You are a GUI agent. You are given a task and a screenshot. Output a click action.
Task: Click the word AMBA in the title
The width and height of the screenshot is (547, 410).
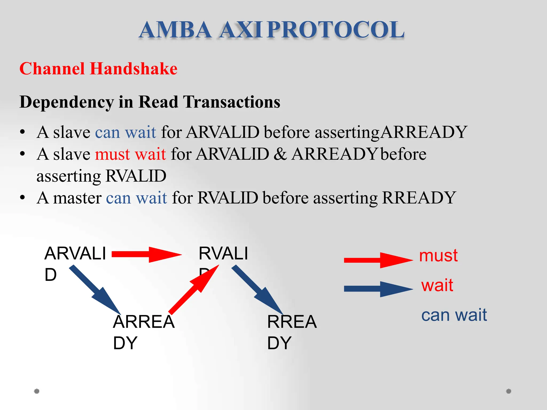175,30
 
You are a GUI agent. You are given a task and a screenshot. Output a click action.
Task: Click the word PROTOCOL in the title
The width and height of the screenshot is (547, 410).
336,30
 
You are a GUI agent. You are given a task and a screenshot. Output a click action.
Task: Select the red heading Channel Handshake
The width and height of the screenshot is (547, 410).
98,69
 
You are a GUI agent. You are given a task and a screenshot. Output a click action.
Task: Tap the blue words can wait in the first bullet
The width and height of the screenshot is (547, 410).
126,132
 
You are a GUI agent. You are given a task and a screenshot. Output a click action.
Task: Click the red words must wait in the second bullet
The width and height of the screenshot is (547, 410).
130,154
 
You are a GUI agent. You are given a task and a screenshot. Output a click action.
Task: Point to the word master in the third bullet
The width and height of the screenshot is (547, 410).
77,198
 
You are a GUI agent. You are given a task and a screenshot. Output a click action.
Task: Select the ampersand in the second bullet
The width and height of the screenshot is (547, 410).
280,154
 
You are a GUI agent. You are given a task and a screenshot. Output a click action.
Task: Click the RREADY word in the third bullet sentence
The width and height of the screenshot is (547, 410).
419,198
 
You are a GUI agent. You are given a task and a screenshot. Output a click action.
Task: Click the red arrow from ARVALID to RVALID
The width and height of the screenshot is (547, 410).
146,254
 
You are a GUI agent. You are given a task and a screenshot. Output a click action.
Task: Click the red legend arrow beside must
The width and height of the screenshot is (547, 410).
378,260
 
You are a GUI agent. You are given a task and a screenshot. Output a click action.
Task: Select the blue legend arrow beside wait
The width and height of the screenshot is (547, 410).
378,289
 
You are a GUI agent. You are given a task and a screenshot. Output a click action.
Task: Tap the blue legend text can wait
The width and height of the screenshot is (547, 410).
454,315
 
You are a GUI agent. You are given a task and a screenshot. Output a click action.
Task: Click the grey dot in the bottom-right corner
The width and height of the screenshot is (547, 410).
509,391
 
